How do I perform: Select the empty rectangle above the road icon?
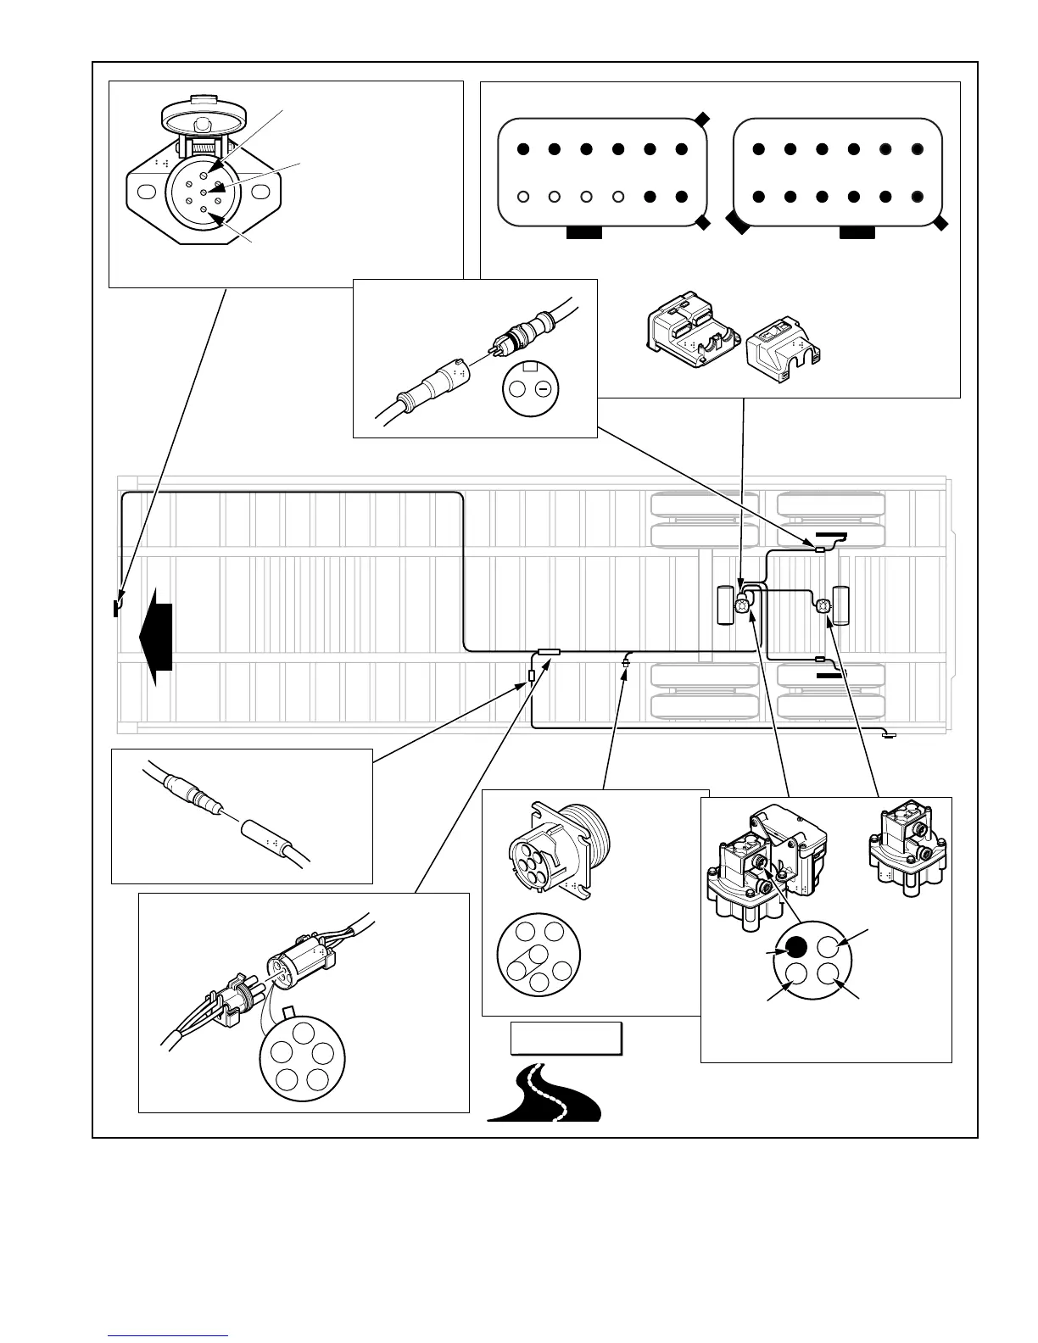click(566, 1038)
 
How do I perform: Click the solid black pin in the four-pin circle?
click(795, 946)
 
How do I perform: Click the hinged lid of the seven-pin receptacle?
click(198, 113)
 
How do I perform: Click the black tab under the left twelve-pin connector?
click(583, 232)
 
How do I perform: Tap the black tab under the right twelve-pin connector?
click(857, 232)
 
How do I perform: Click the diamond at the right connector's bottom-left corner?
click(737, 224)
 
